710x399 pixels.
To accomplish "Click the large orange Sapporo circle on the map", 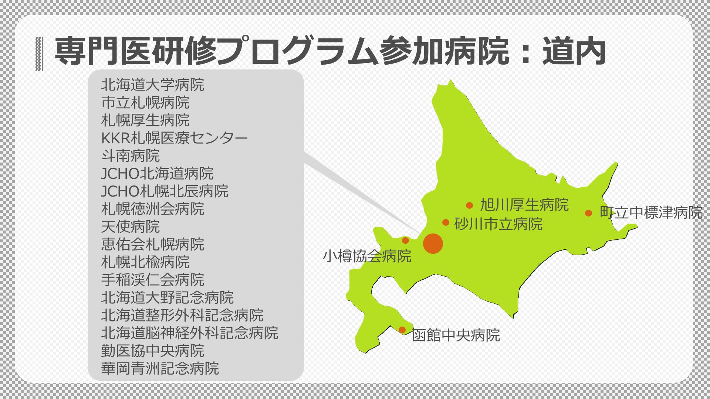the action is click(433, 243).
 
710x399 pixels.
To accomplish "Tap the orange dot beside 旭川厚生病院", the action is click(469, 205).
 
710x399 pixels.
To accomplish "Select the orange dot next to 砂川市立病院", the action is click(446, 222).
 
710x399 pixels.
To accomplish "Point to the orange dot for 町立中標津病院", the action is click(588, 213).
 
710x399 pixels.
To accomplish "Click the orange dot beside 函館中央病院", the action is click(402, 330).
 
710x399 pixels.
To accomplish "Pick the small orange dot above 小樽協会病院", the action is click(405, 241).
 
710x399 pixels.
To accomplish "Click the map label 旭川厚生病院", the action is click(524, 205).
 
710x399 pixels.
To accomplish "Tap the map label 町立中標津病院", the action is click(651, 212).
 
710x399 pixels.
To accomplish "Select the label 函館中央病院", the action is click(456, 335).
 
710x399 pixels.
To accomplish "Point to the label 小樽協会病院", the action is click(367, 256).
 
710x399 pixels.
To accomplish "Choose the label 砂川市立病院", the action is click(498, 224).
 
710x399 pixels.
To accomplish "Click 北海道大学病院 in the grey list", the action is click(153, 85).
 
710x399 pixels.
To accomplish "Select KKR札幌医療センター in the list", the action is click(175, 138).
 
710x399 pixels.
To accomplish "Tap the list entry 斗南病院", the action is click(131, 156).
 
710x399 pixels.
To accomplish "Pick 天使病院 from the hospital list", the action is click(131, 226).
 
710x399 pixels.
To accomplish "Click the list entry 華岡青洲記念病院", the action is click(160, 368).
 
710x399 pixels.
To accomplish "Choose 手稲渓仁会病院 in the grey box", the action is click(153, 280).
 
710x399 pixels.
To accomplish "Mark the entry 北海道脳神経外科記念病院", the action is click(190, 333).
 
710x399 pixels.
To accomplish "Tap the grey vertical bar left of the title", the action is click(39, 54).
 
